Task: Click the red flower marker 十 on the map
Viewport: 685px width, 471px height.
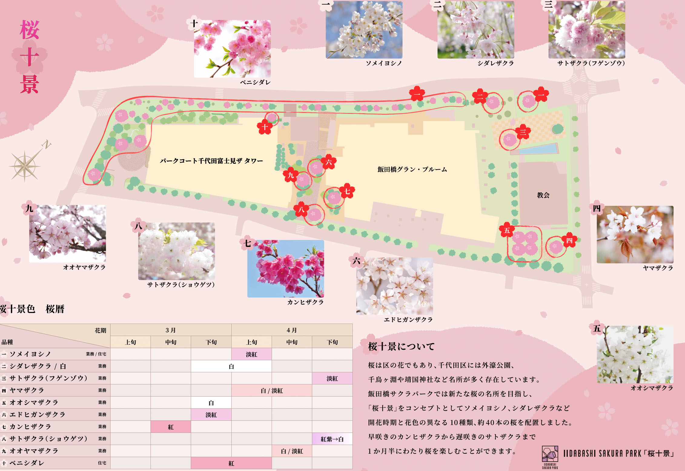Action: [x=265, y=127]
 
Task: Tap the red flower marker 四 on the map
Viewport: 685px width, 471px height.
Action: [x=569, y=240]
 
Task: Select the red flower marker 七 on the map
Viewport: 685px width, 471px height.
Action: [x=347, y=191]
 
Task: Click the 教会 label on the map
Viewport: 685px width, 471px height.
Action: [x=543, y=195]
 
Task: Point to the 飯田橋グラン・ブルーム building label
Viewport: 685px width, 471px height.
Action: [x=412, y=170]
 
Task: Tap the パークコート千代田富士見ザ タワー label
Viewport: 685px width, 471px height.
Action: [x=211, y=161]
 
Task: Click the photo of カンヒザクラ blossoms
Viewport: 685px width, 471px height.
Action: [x=286, y=268]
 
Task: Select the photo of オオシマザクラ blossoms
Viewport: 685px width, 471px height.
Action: [x=635, y=354]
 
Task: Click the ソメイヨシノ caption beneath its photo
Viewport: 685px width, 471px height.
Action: [x=384, y=63]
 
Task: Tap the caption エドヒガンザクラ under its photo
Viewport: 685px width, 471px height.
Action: [x=408, y=320]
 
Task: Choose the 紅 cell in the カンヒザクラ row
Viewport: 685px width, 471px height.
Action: [x=171, y=427]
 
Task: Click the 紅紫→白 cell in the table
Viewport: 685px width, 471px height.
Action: [x=332, y=439]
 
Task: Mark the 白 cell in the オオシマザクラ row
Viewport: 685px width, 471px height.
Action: [x=211, y=403]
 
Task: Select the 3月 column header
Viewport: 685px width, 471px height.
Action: [x=171, y=330]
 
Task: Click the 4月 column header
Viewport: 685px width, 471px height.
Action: [x=292, y=330]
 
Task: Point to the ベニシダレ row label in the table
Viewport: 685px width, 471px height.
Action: [x=27, y=463]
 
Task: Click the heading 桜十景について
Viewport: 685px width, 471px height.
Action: [x=401, y=346]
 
